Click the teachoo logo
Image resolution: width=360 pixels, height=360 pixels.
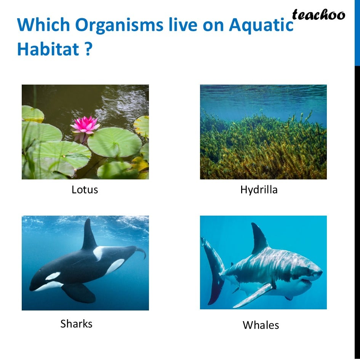pyautogui.click(x=318, y=15)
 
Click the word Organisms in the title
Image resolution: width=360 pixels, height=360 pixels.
pyautogui.click(x=119, y=25)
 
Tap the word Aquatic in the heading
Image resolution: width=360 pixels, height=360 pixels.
pyautogui.click(x=261, y=25)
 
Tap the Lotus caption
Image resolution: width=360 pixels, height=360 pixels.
pyautogui.click(x=85, y=190)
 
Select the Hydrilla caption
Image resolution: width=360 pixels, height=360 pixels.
pyautogui.click(x=259, y=190)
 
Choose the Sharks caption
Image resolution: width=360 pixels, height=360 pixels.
pyautogui.click(x=76, y=324)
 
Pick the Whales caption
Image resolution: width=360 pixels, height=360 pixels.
pyautogui.click(x=261, y=325)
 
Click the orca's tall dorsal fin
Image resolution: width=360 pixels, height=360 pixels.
pyautogui.click(x=89, y=235)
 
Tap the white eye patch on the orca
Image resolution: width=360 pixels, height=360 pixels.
pyautogui.click(x=53, y=276)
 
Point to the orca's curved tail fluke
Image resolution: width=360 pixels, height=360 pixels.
pyautogui.click(x=141, y=252)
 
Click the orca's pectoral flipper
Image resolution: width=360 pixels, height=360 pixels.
pyautogui.click(x=79, y=293)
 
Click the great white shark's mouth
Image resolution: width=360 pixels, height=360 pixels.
pyautogui.click(x=307, y=281)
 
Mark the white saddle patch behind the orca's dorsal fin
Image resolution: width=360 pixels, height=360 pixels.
pyautogui.click(x=99, y=253)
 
